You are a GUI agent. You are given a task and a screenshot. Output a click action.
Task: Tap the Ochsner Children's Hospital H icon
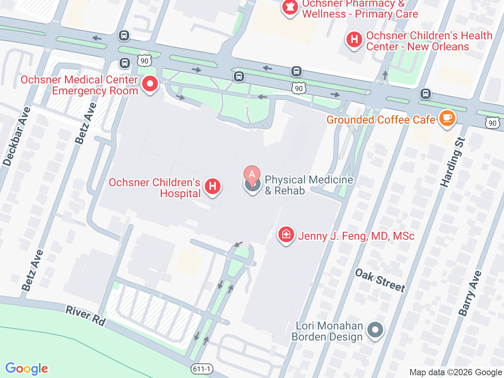pyautogui.click(x=213, y=186)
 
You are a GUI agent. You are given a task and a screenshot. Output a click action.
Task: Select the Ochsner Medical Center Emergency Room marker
pyautogui.click(x=150, y=84)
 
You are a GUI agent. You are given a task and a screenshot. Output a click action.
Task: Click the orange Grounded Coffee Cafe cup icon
pyautogui.click(x=447, y=118)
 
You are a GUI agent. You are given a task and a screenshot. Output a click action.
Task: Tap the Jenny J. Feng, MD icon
pyautogui.click(x=286, y=235)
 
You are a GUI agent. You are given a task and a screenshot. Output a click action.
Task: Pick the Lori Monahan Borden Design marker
pyautogui.click(x=375, y=330)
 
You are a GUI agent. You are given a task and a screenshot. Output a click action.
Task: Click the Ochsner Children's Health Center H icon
pyautogui.click(x=354, y=40)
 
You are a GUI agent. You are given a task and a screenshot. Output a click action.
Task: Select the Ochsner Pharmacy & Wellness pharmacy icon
pyautogui.click(x=290, y=7)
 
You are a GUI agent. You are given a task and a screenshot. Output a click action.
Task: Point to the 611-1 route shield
pyautogui.click(x=202, y=369)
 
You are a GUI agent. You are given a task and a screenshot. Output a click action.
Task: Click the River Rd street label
pyautogui.click(x=86, y=316)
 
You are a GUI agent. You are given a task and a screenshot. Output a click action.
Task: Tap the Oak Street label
pyautogui.click(x=380, y=280)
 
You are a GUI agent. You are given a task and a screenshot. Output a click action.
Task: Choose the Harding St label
pyautogui.click(x=453, y=162)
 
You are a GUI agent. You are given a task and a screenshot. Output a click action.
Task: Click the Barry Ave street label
pyautogui.click(x=470, y=293)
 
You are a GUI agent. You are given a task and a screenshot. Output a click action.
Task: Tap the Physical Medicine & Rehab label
pyautogui.click(x=309, y=185)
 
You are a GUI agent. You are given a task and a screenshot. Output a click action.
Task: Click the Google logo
pyautogui.click(x=26, y=369)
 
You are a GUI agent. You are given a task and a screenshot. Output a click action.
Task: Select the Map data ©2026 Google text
pyautogui.click(x=456, y=372)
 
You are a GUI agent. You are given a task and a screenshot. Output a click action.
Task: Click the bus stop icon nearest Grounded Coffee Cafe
pyautogui.click(x=425, y=94)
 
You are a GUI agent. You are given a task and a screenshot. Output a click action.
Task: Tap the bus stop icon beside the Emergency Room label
pyautogui.click(x=125, y=63)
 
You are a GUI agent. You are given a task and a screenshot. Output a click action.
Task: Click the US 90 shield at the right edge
pyautogui.click(x=492, y=123)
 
